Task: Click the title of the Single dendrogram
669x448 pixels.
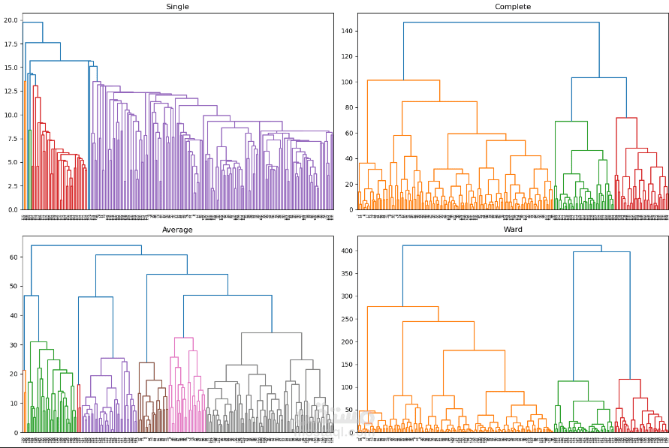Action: click(177, 7)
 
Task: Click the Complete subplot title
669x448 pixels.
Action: click(513, 7)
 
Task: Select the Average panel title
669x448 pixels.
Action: click(177, 230)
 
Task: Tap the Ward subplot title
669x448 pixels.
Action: click(513, 230)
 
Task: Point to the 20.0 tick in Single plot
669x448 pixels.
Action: click(10, 20)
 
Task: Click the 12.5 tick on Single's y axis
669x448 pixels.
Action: click(10, 92)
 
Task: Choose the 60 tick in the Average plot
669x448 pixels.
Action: click(13, 257)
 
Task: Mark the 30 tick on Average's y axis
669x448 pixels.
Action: click(13, 345)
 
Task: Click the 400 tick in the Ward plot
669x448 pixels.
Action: click(345, 251)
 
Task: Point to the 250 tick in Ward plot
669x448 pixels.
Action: click(345, 319)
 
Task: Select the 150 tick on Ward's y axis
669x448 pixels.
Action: click(345, 365)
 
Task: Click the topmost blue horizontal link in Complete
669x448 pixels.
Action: click(501, 23)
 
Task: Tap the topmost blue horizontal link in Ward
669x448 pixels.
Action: click(502, 245)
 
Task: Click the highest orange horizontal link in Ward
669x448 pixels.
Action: click(402, 306)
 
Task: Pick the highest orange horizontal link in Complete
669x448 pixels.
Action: click(403, 80)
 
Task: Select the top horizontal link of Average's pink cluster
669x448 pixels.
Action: click(184, 338)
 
